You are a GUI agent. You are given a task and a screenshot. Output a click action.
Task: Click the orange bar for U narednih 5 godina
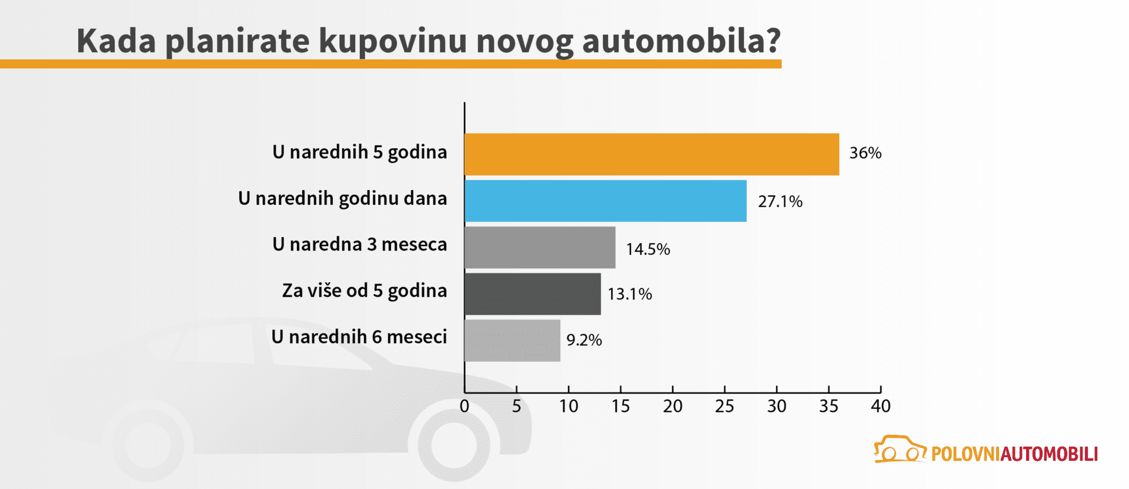pyautogui.click(x=652, y=154)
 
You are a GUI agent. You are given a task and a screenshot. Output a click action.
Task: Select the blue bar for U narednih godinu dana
pyautogui.click(x=605, y=201)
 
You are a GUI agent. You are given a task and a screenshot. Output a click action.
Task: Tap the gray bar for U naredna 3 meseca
pyautogui.click(x=539, y=247)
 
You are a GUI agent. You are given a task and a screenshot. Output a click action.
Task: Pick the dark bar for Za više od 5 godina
pyautogui.click(x=532, y=294)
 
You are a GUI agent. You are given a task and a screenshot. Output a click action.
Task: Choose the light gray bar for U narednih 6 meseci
pyautogui.click(x=512, y=340)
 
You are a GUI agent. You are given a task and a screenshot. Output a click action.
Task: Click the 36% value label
pyautogui.click(x=865, y=153)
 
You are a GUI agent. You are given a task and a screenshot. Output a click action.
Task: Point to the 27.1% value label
pyautogui.click(x=780, y=201)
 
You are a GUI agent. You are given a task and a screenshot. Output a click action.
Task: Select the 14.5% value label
pyautogui.click(x=647, y=249)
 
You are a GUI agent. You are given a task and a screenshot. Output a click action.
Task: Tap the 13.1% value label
pyautogui.click(x=629, y=294)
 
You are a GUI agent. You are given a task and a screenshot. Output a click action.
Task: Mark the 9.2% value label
pyautogui.click(x=584, y=340)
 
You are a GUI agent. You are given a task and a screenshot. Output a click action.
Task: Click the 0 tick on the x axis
pyautogui.click(x=465, y=406)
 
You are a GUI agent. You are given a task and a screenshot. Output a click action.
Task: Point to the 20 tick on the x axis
pyautogui.click(x=673, y=406)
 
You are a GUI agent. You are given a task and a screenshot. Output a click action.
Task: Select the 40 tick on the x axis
pyautogui.click(x=880, y=406)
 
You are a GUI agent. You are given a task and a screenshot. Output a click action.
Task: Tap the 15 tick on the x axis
pyautogui.click(x=620, y=406)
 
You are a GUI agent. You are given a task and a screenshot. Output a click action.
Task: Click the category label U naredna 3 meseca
pyautogui.click(x=359, y=244)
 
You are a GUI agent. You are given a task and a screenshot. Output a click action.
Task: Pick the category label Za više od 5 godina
pyautogui.click(x=364, y=291)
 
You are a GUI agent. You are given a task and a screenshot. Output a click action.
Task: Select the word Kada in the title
pyautogui.click(x=116, y=41)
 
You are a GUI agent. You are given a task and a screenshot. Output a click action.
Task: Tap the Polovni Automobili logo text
pyautogui.click(x=1014, y=454)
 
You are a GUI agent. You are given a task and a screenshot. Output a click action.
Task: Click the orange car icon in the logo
pyautogui.click(x=899, y=450)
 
